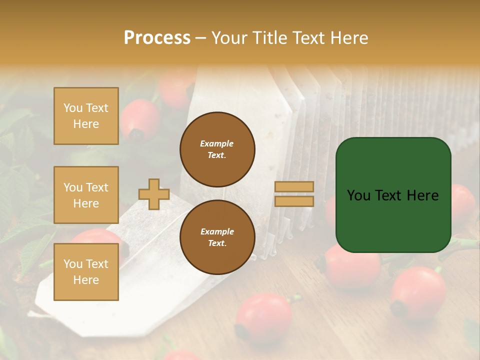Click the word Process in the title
(157, 38)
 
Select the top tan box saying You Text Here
(86, 116)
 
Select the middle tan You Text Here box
(86, 195)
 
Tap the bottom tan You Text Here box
(86, 272)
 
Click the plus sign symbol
(154, 194)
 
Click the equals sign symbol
(294, 194)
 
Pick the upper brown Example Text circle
(217, 149)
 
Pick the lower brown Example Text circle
(217, 237)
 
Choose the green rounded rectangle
(393, 194)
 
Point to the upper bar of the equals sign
(294, 187)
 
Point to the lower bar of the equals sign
(294, 201)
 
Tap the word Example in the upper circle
(217, 143)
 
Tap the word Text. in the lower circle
(217, 243)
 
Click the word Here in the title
(348, 38)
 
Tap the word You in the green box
(358, 195)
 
